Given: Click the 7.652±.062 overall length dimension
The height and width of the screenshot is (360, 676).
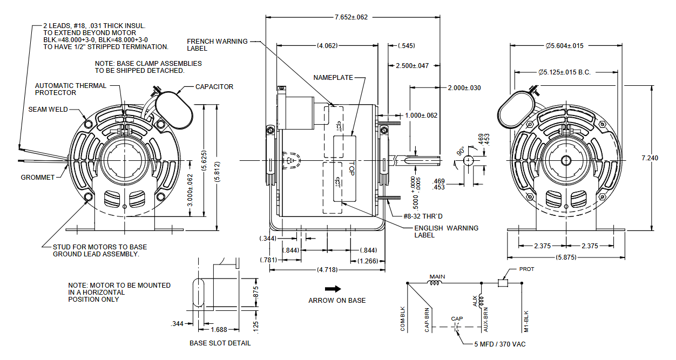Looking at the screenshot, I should tap(351, 17).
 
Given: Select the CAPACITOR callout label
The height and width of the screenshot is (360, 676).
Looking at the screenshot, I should tap(214, 87).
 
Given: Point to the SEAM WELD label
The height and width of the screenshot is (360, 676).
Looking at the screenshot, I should tap(48, 110).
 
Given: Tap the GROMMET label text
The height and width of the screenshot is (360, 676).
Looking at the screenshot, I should tap(38, 178).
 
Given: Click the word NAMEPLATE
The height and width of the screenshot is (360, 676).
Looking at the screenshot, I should tap(333, 78).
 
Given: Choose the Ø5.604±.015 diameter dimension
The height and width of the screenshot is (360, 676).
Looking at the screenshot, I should tap(564, 46).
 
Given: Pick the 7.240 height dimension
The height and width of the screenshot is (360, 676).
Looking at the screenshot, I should tap(650, 158).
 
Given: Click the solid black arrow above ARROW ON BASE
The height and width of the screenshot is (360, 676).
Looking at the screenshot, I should tap(333, 289).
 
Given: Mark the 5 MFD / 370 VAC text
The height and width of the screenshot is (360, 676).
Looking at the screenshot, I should tap(500, 344).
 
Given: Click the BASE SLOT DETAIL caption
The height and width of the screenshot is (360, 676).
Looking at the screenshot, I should tap(220, 343).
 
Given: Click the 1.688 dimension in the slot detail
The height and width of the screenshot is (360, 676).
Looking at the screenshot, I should tap(218, 329).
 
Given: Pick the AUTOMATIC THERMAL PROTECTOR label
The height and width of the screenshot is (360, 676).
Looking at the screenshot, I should tap(71, 89).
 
